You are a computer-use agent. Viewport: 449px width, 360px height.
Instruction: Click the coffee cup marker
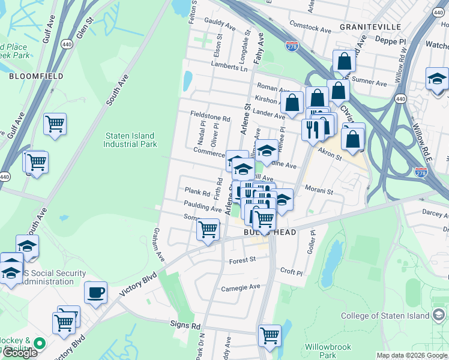(95, 293)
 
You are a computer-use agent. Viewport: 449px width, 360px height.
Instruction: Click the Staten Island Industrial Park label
(130, 140)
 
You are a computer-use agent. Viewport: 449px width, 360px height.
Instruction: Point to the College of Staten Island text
(385, 316)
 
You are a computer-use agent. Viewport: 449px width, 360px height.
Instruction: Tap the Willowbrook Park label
(328, 351)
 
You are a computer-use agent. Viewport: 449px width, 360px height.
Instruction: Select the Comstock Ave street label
(310, 29)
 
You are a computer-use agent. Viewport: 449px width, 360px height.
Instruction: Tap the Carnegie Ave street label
(240, 287)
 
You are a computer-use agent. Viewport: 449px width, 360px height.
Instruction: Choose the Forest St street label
(243, 260)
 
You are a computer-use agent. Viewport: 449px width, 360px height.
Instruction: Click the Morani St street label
(319, 191)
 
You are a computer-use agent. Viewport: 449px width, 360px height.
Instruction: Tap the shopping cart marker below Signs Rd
(270, 335)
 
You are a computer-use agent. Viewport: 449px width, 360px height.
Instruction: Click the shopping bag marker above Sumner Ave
(345, 61)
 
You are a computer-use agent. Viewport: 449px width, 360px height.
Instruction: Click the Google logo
(20, 353)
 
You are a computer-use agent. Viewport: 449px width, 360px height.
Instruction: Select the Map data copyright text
(411, 355)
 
